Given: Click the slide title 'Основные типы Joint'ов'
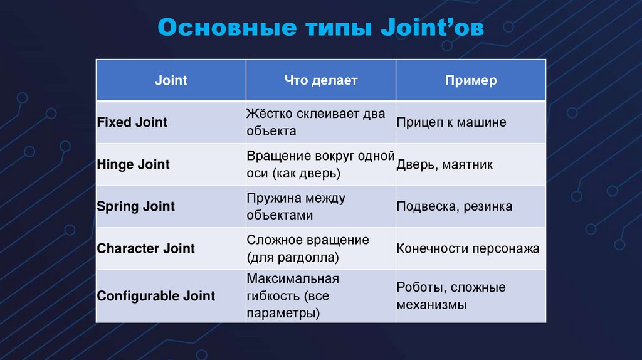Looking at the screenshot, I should [320, 28].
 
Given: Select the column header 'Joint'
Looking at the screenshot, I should [171, 80].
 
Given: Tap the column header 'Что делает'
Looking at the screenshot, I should [320, 80].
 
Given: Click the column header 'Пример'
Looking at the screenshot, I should [471, 80].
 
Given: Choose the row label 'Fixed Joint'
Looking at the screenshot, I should [132, 122].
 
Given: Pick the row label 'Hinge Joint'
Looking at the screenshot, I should [134, 164].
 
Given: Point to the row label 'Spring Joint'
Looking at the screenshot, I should [136, 206].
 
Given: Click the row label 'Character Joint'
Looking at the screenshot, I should [146, 248].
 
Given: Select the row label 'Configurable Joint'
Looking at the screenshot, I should [156, 296].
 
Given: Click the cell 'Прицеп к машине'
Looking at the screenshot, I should [451, 122].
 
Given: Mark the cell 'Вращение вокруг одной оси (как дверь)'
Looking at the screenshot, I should [320, 164].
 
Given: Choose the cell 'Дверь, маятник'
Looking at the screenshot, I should [445, 165].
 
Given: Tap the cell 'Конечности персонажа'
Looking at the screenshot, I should [468, 248].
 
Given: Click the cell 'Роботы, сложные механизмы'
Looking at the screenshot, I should [451, 296].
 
